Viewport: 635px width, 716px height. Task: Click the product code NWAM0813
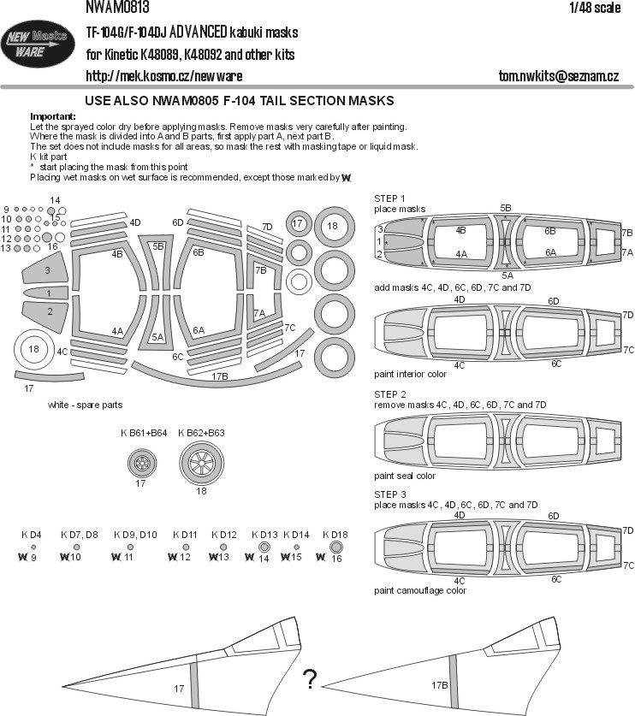coord(118,9)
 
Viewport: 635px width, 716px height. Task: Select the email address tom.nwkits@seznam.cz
coord(558,77)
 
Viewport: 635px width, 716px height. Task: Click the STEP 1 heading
coord(391,198)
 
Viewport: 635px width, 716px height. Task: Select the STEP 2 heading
coord(391,394)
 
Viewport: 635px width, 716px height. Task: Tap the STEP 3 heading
coord(391,494)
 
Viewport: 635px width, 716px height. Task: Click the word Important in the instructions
coord(52,115)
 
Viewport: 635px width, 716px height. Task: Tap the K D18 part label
coord(335,534)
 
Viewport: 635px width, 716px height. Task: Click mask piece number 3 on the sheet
coord(46,271)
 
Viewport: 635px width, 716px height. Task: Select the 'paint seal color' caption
coord(405,476)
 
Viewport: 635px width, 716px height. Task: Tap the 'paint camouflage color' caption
coord(420,590)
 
